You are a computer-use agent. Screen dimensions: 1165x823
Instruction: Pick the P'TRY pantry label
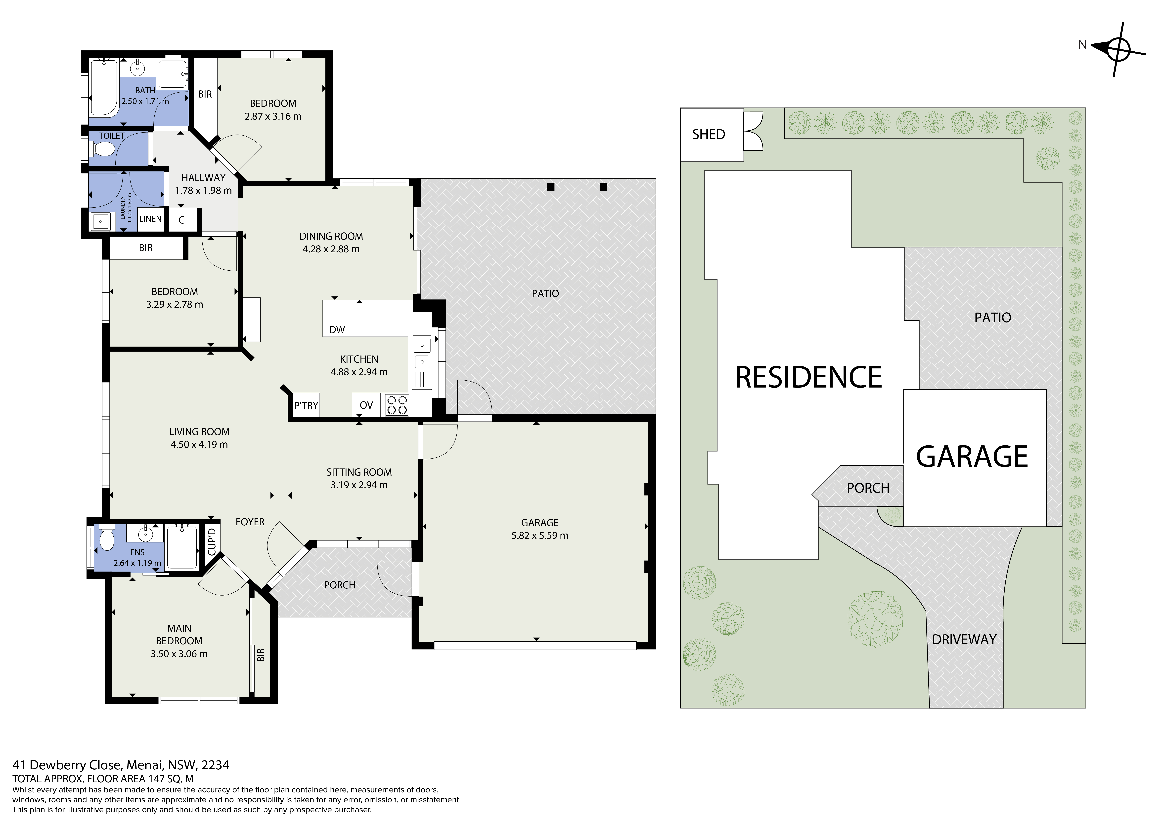click(306, 406)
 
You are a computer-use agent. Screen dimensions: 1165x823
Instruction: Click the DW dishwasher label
click(337, 330)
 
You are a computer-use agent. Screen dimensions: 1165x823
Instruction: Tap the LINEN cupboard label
click(151, 219)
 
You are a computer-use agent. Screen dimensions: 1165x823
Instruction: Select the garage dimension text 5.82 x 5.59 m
click(540, 536)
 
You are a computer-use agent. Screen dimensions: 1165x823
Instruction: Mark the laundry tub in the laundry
click(100, 222)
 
